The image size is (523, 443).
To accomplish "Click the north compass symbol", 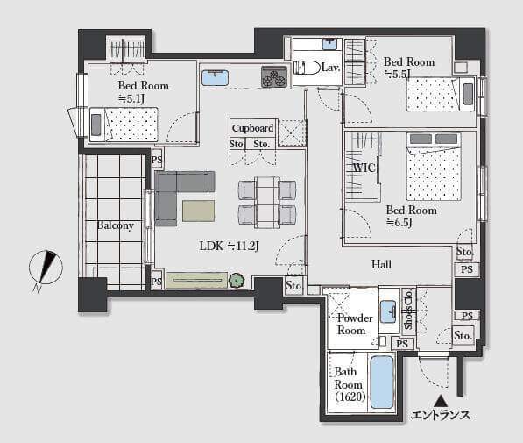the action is coord(46,268).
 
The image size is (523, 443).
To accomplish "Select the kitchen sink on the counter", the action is coord(216,78).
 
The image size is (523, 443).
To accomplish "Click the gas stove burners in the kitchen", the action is coord(274,77).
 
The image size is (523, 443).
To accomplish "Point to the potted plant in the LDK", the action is coord(237,281).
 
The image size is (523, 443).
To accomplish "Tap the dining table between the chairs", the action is coord(267,203).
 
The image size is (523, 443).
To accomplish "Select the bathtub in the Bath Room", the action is coord(382,382).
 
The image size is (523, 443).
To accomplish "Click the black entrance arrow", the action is coord(442,400).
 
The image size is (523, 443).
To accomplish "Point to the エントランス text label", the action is coord(441,415).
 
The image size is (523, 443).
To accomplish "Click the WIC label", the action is coord(364,168).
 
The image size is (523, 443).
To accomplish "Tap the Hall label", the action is coord(381,265).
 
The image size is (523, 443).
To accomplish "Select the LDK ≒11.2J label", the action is coord(230,247).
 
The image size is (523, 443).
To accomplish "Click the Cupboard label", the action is coord(252,128).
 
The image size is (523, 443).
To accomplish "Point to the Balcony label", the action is coord(115,225).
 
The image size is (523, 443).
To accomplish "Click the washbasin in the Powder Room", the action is coord(388,311).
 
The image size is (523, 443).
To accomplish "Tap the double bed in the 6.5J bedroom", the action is coord(434,167).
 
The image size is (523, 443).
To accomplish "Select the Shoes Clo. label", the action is coord(409,309).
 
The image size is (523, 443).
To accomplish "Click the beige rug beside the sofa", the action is coord(199,211).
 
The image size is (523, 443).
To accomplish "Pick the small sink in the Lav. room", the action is coord(329,44).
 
